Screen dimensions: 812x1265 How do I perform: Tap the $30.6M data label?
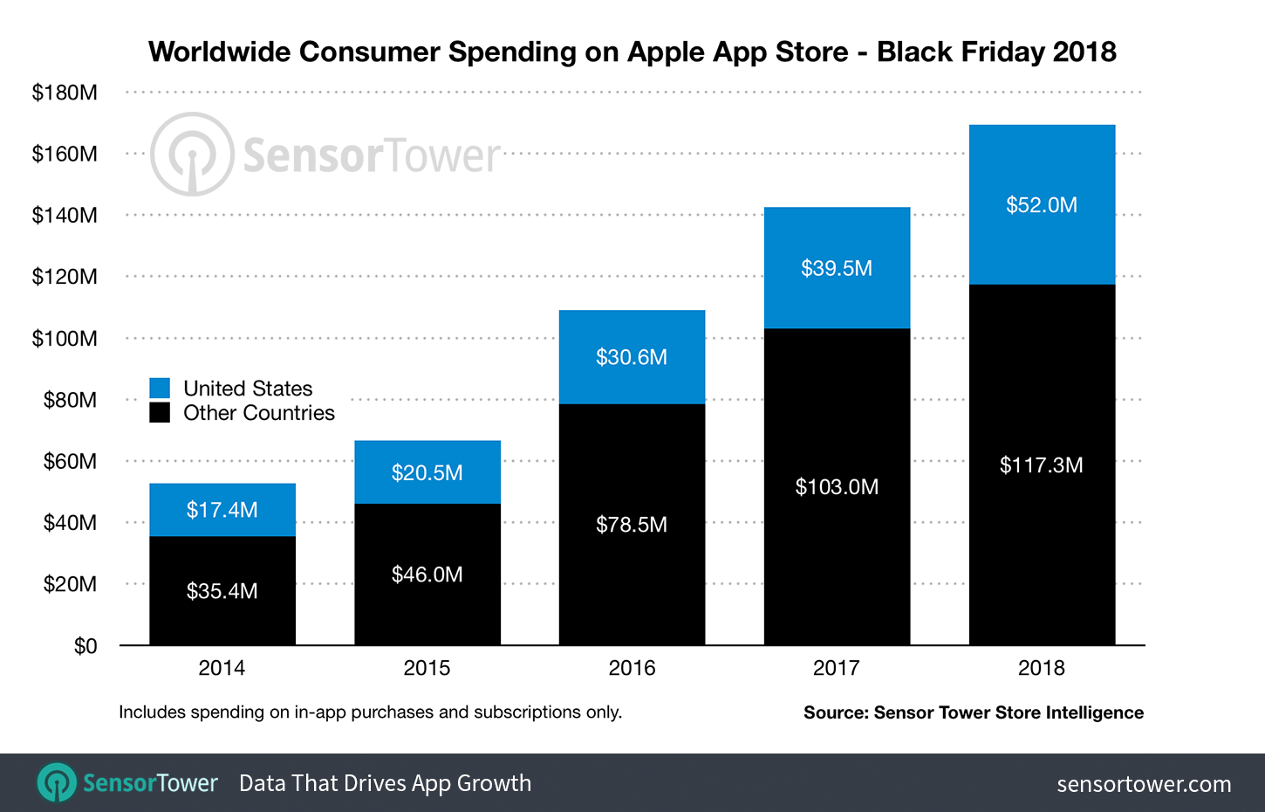click(632, 357)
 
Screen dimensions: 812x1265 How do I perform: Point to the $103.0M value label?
click(837, 487)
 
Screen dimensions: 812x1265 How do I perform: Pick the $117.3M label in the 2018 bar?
click(1042, 465)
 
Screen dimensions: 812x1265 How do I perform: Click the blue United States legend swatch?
click(160, 389)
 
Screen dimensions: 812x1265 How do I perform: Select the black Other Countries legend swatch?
click(160, 412)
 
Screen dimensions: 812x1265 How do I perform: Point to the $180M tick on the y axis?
click(65, 93)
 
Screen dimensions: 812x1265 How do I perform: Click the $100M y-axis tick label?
click(65, 339)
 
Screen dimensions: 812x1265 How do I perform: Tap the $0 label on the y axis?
click(85, 646)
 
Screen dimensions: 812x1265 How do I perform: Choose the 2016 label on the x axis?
click(632, 668)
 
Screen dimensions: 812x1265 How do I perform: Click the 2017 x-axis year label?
click(837, 668)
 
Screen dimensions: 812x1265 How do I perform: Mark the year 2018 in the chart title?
click(1084, 52)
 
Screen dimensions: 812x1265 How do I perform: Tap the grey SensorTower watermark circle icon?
click(192, 155)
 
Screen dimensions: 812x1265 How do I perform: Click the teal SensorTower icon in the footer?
click(58, 782)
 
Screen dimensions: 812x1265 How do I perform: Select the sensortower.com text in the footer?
click(1144, 784)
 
